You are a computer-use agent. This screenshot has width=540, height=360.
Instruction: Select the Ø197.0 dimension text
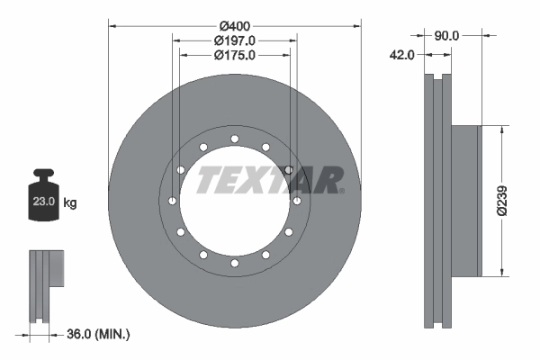tap(236, 40)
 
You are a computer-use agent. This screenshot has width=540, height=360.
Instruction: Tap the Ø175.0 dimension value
tap(236, 55)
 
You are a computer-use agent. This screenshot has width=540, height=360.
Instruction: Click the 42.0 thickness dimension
tap(401, 55)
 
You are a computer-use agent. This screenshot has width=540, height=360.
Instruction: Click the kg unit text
tap(70, 203)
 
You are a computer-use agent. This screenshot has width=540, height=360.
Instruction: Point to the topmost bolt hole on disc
tap(234, 139)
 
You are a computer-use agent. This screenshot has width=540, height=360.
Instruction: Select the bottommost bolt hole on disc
tap(234, 263)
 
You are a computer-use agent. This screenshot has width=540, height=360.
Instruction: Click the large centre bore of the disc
tap(234, 201)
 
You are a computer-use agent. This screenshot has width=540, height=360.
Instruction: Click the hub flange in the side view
tap(465, 201)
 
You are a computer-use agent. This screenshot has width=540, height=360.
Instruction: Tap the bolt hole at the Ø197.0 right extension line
tap(288, 169)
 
